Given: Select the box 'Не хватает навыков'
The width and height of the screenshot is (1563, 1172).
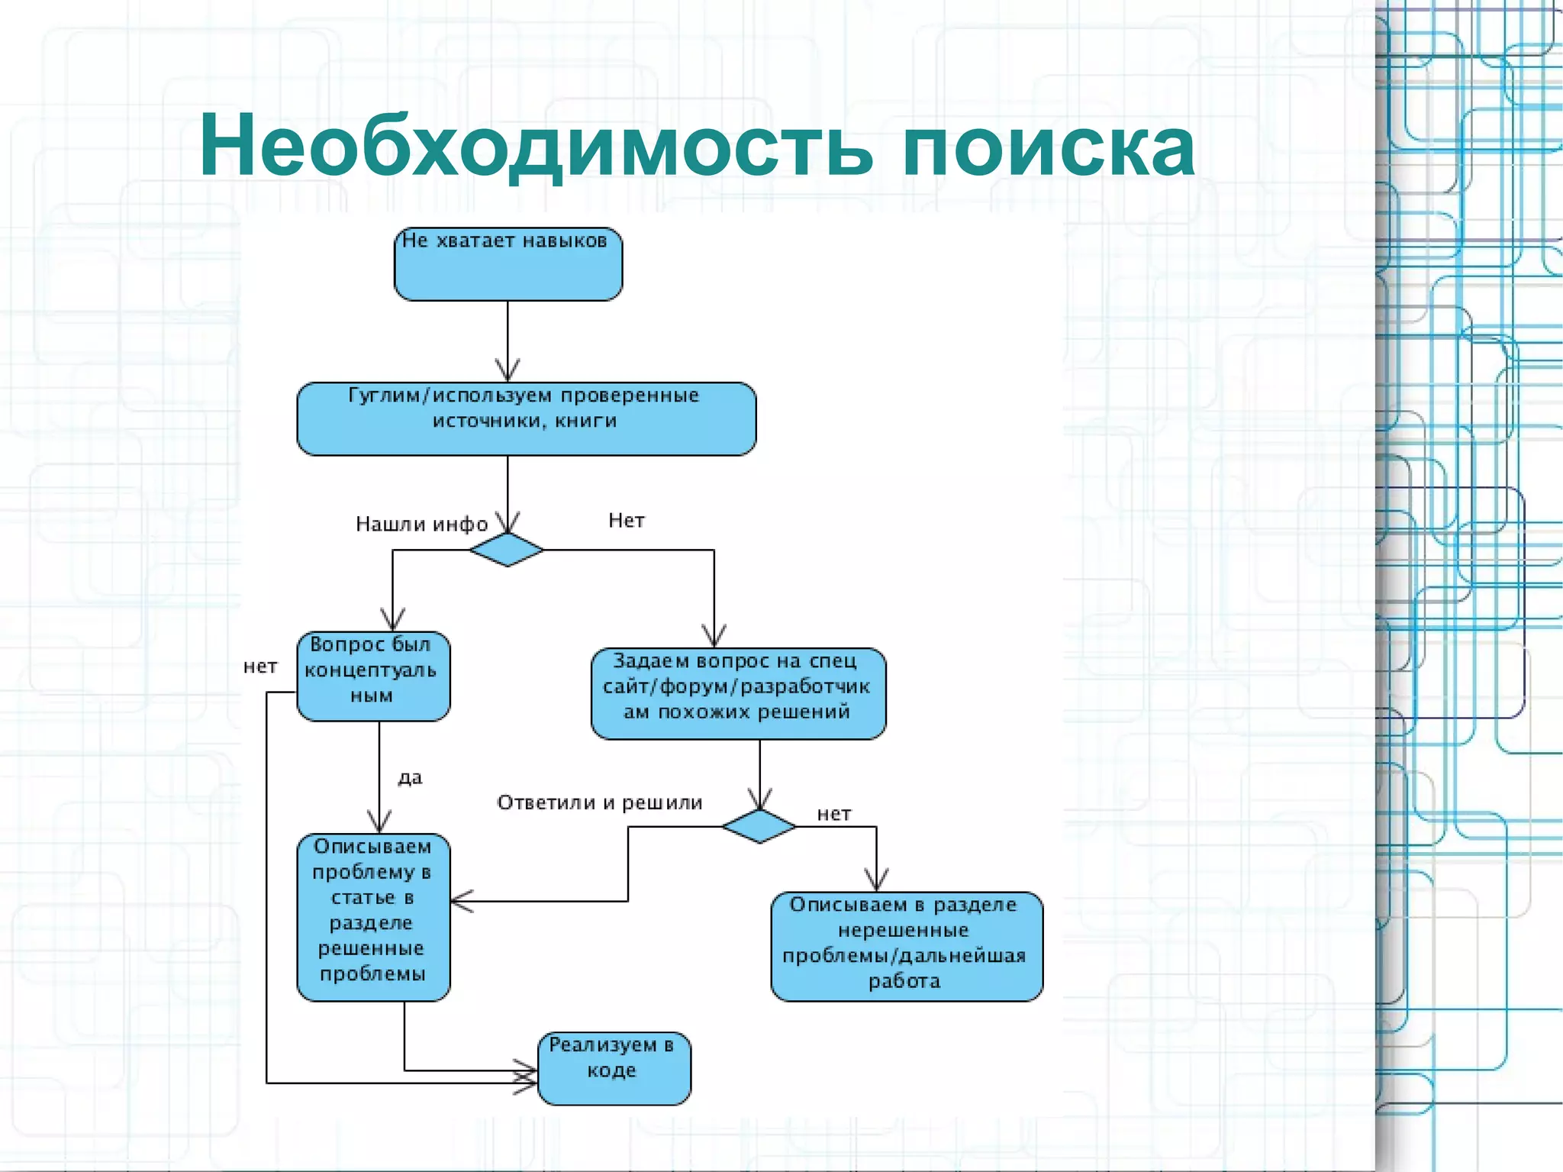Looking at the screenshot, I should [x=508, y=263].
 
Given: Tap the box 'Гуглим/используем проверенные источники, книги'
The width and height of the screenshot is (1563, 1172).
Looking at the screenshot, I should [x=526, y=418].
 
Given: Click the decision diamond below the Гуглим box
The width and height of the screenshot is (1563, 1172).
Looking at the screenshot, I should [x=507, y=550].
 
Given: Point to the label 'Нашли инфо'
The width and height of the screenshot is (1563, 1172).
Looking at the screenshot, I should [x=421, y=524].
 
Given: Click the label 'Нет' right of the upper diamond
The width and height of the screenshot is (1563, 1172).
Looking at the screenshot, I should [x=627, y=521].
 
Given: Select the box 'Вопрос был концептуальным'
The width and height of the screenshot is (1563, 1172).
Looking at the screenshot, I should [x=372, y=676].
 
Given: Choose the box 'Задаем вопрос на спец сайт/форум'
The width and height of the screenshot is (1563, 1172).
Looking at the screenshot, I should [x=738, y=693].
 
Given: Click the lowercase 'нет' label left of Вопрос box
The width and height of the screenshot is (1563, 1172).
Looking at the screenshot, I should [x=260, y=667].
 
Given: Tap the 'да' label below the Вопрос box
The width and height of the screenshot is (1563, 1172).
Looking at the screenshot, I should [x=410, y=777].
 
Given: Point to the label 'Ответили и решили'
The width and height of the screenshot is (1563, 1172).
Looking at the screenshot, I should [x=599, y=802].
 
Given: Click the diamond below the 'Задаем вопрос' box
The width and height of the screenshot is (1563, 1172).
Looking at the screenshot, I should [x=759, y=826].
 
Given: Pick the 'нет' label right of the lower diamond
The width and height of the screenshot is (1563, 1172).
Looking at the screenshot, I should [x=833, y=814].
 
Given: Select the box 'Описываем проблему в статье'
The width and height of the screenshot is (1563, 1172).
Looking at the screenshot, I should [x=372, y=916].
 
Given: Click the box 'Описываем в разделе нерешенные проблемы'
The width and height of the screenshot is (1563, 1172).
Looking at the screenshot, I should [x=906, y=946].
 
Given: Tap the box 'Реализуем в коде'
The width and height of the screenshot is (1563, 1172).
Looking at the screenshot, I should [x=614, y=1067].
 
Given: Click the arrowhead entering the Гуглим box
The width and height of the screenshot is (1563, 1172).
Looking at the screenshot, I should [x=508, y=372].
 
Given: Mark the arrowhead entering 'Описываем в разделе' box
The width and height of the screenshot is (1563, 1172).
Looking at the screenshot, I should [x=876, y=881].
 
